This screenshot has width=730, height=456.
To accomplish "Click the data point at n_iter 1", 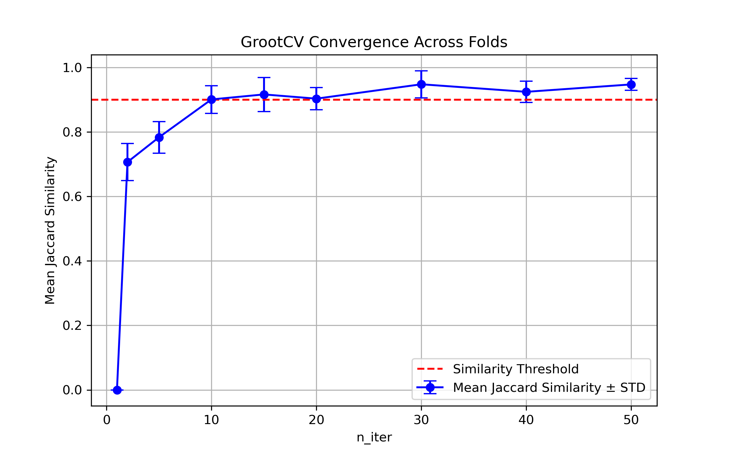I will (x=117, y=390).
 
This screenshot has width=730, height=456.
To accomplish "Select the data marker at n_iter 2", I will (x=127, y=162).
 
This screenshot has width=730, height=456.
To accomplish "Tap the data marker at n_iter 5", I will (x=159, y=137).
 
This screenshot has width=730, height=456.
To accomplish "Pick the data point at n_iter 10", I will (x=211, y=99).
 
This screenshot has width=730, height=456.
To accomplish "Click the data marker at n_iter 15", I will (x=264, y=95).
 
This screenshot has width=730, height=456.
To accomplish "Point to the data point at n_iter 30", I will (x=421, y=84).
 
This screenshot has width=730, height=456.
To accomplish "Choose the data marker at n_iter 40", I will (x=526, y=92).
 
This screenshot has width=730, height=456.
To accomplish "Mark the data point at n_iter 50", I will (x=631, y=85).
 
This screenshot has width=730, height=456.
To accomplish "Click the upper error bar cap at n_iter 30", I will (x=421, y=71).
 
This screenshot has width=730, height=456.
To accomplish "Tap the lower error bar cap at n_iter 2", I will (x=127, y=181).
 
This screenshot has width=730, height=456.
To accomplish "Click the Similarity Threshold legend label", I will (x=516, y=369).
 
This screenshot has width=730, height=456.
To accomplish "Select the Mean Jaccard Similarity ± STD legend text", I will (x=549, y=388).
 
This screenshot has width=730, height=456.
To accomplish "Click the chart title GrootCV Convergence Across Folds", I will (x=374, y=42).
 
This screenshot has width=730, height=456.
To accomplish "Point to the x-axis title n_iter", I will (x=374, y=437).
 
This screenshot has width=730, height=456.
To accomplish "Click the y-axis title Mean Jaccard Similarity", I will (x=50, y=230).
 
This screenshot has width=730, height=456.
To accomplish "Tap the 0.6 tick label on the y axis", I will (x=72, y=197).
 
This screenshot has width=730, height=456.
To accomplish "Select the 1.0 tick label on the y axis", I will (x=72, y=68).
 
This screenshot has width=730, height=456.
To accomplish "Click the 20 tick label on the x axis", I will (x=316, y=420).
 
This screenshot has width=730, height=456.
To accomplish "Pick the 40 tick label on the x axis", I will (x=526, y=420).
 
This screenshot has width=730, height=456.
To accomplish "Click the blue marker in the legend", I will (x=430, y=387).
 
